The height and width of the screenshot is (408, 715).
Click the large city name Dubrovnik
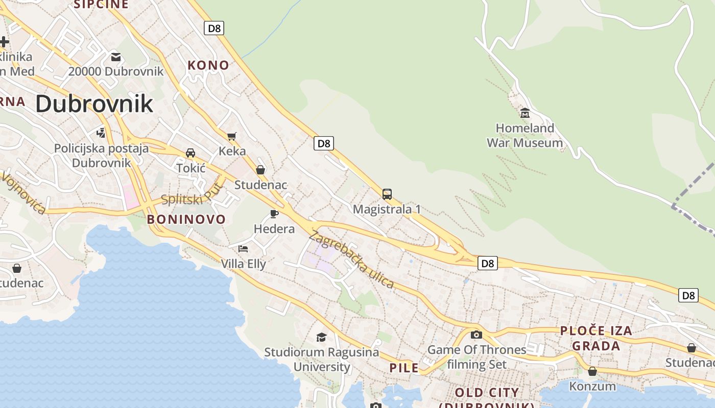(x=94, y=104)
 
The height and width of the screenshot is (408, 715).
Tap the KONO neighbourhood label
(x=208, y=65)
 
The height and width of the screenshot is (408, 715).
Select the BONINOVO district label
(x=186, y=219)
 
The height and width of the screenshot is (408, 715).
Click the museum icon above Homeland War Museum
(x=525, y=113)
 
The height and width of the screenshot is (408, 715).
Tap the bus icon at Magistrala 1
(x=387, y=194)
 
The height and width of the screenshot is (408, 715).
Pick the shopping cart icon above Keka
(x=232, y=136)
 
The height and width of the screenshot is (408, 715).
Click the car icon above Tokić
(x=190, y=153)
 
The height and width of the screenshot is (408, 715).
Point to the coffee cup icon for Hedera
(x=274, y=214)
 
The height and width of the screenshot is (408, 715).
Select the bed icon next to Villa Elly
(x=243, y=249)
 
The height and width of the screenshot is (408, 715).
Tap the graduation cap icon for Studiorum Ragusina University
(x=321, y=337)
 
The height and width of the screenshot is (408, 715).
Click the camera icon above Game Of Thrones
(x=476, y=335)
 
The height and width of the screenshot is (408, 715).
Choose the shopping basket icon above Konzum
(x=592, y=371)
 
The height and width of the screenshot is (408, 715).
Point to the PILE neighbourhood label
(x=404, y=368)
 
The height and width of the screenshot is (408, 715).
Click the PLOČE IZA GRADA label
(x=596, y=338)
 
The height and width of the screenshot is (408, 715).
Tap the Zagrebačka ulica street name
(x=352, y=260)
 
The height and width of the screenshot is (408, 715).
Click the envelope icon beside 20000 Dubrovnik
(x=116, y=57)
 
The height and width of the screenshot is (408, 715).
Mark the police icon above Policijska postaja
(x=101, y=133)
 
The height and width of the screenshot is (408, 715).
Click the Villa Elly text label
(x=243, y=264)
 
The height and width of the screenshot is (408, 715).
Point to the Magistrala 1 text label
(x=387, y=209)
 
